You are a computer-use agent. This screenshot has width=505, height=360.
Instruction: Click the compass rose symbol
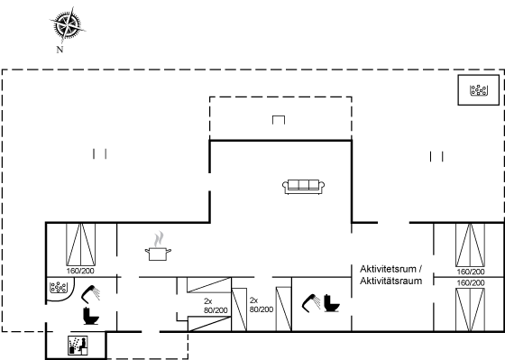pyautogui.click(x=68, y=25)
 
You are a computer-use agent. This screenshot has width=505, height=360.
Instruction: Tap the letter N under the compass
pyautogui.click(x=60, y=50)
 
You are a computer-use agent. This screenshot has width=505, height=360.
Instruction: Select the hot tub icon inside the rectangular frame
pyautogui.click(x=479, y=90)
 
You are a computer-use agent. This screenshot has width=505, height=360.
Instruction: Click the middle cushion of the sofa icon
pyautogui.click(x=303, y=185)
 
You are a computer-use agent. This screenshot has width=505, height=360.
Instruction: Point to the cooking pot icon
pyautogui.click(x=158, y=254)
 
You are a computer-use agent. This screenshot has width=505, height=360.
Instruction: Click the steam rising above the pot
pyautogui.click(x=158, y=239)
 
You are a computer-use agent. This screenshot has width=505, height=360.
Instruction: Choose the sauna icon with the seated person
pyautogui.click(x=78, y=346)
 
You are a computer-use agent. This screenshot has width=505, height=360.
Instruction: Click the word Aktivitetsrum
pyautogui.click(x=388, y=269)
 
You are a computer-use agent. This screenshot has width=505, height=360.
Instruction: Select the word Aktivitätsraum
pyautogui.click(x=390, y=281)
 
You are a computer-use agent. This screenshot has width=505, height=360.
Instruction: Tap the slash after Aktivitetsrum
pyautogui.click(x=420, y=269)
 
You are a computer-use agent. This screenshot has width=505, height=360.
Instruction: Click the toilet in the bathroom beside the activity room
pyautogui.click(x=331, y=303)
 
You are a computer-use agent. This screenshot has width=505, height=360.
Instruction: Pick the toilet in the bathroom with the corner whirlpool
pyautogui.click(x=91, y=316)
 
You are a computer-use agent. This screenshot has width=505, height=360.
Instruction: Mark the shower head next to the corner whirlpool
pyautogui.click(x=90, y=294)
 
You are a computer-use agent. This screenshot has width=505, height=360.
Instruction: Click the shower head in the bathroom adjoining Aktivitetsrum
pyautogui.click(x=311, y=303)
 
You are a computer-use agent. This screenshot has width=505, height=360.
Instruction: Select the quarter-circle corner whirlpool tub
pyautogui.click(x=60, y=288)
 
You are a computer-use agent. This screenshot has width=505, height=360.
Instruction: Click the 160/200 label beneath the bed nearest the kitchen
pyautogui.click(x=80, y=271)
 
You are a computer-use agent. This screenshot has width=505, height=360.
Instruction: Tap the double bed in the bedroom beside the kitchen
pyautogui.click(x=80, y=245)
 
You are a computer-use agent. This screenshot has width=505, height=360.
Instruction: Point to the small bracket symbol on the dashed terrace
pyautogui.click(x=279, y=120)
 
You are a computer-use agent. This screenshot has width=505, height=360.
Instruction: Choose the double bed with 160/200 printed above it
pyautogui.click(x=470, y=309)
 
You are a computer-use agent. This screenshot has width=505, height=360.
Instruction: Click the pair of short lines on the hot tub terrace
pyautogui.click(x=436, y=157)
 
